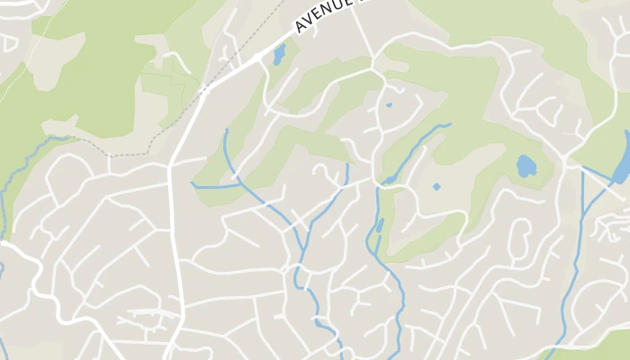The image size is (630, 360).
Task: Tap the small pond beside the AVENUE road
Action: (278, 55)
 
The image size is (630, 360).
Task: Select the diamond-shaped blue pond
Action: (436, 187)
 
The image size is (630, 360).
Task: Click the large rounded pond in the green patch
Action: (526, 166)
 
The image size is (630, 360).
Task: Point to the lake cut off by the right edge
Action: (621, 166)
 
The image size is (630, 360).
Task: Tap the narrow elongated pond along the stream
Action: (380, 225)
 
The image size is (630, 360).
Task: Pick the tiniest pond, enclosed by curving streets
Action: (389, 105)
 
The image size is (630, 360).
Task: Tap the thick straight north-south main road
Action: (176, 252)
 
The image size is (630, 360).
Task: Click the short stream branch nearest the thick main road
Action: (209, 186)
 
